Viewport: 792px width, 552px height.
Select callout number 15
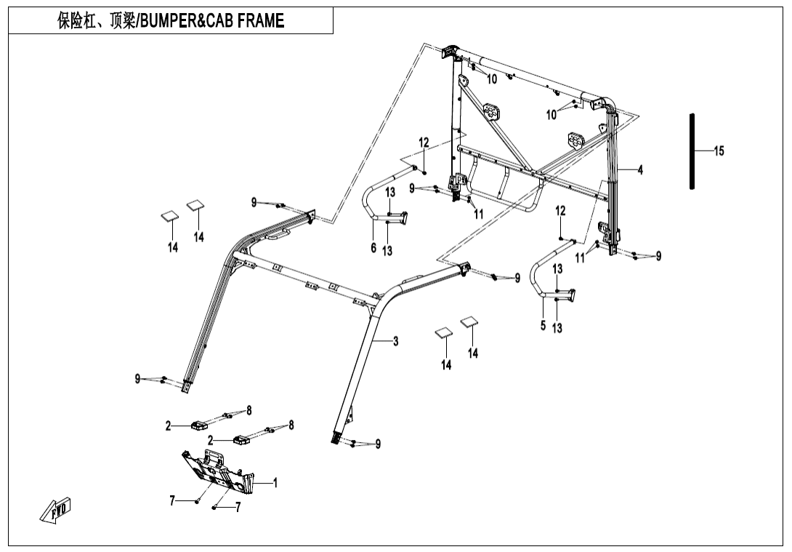pos(719,151)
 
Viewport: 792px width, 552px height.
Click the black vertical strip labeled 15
pos(692,151)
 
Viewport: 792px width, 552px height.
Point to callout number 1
pos(275,481)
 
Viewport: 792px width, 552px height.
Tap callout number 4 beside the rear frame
pos(640,169)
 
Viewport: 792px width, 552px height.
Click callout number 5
pos(543,325)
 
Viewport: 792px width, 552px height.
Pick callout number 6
pos(373,248)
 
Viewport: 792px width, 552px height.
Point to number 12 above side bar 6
pos(424,143)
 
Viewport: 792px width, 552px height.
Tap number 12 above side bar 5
pos(560,210)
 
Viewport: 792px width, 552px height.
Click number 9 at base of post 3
pos(378,444)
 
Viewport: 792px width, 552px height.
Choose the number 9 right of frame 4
pos(658,255)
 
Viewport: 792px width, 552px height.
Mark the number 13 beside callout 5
pos(557,328)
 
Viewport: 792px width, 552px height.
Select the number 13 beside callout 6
pos(387,251)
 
